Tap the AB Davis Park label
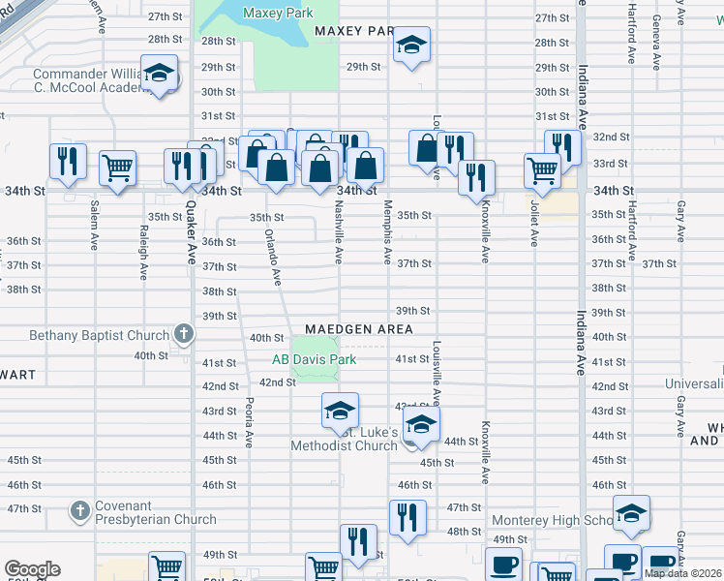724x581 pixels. point(314,359)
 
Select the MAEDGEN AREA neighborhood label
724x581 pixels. point(359,329)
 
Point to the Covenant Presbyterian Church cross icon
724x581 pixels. point(80,509)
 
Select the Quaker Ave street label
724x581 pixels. point(190,240)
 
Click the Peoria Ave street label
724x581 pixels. point(249,422)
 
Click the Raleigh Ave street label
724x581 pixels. point(143,253)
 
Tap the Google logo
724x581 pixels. point(32,569)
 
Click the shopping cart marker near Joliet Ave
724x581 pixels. point(542,171)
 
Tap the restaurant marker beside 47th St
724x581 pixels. point(407,517)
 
